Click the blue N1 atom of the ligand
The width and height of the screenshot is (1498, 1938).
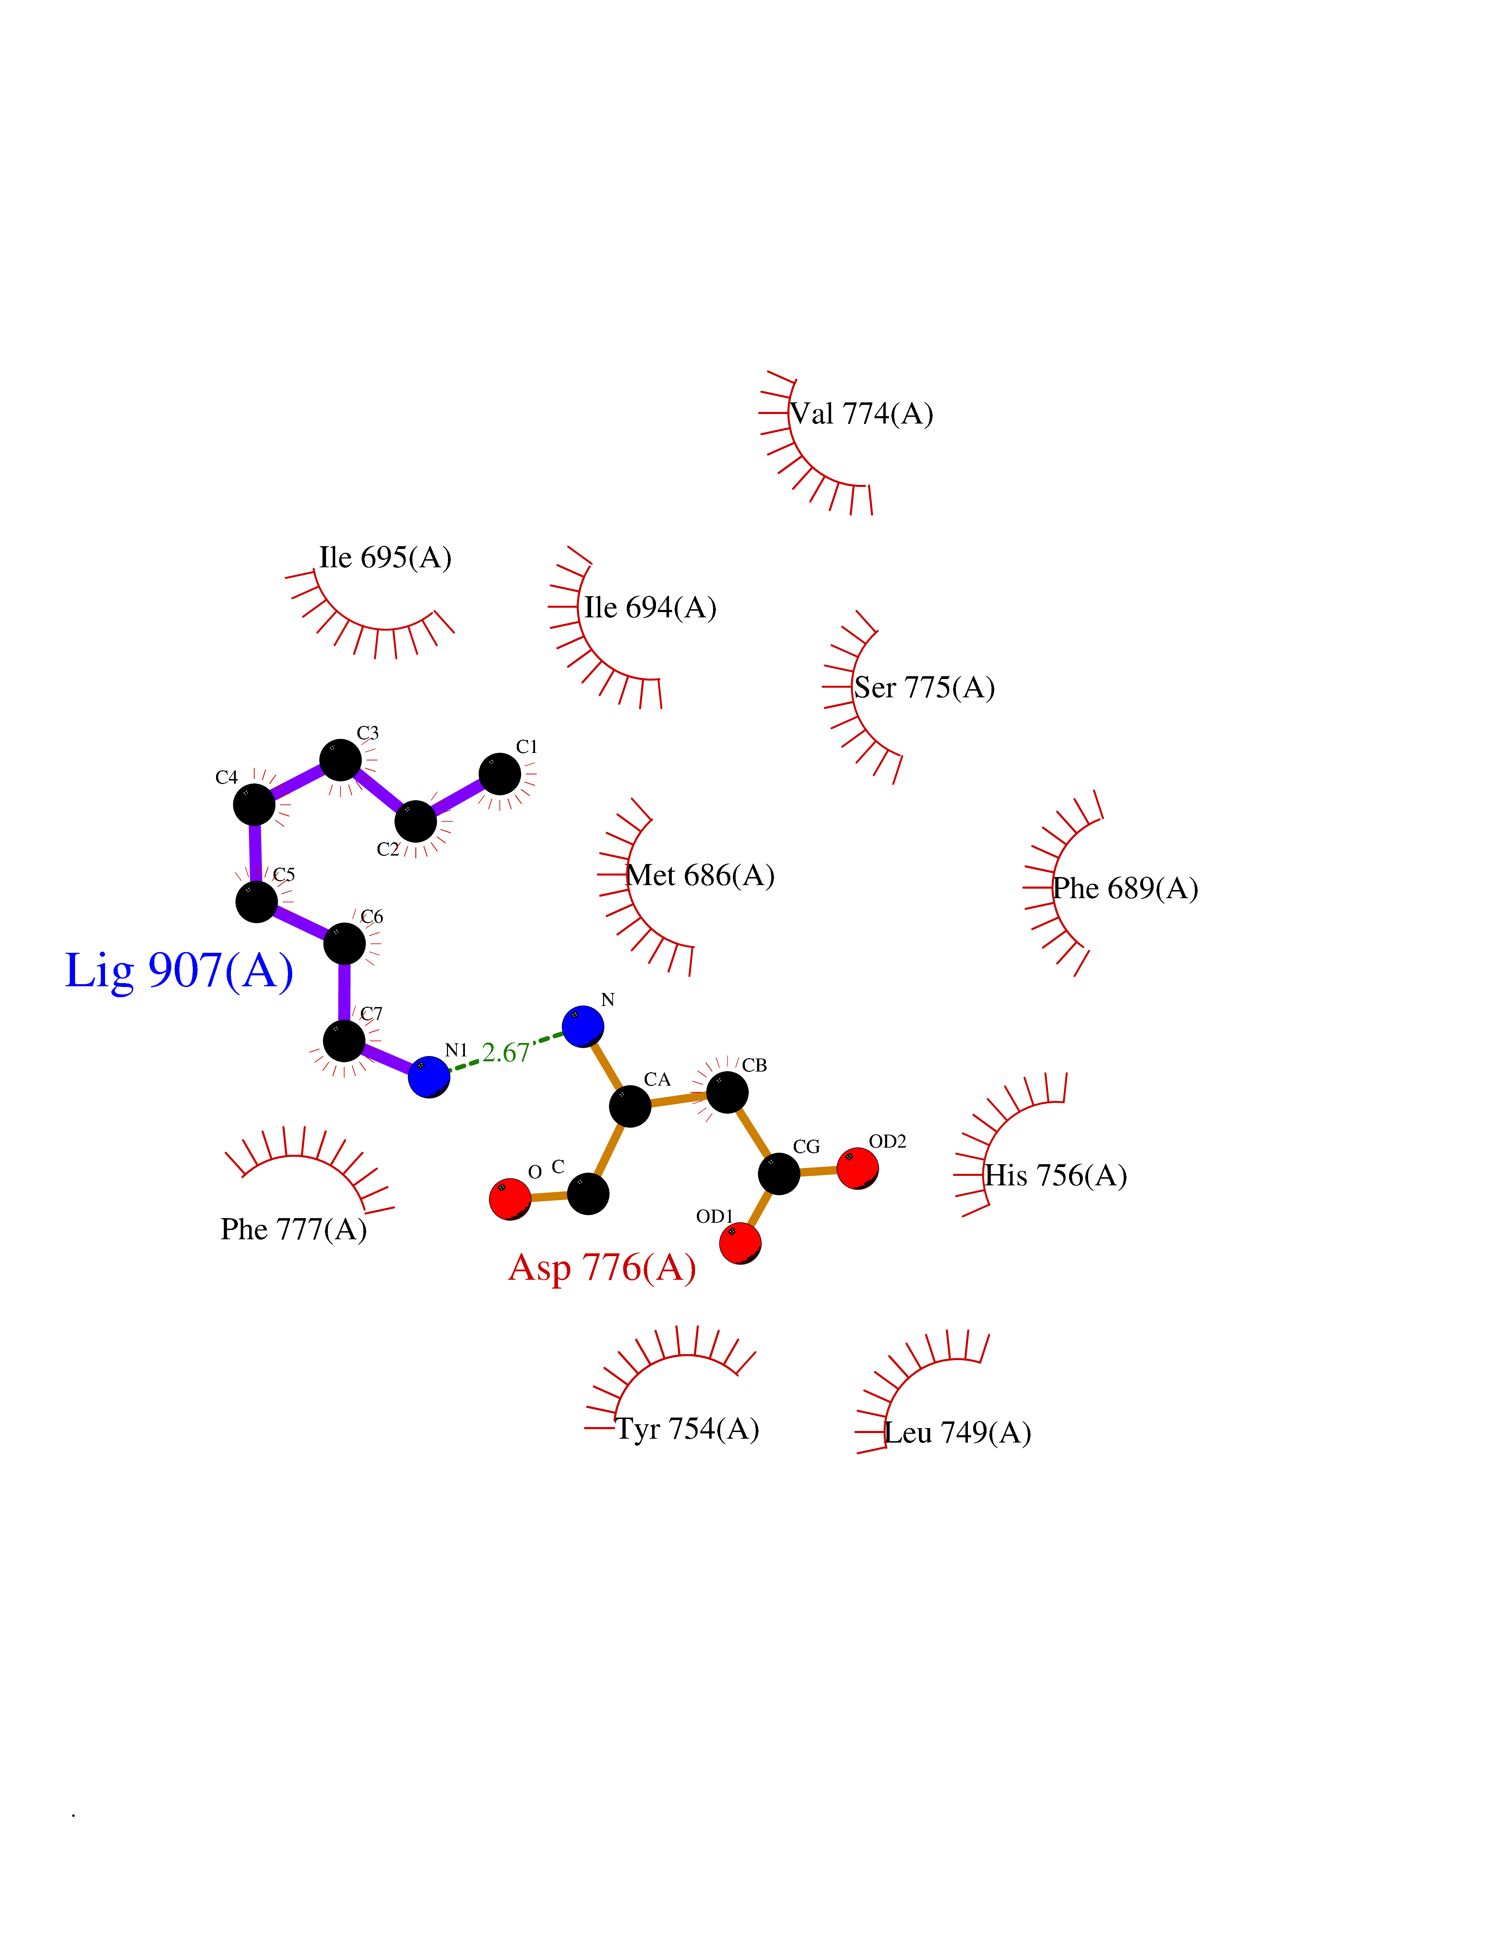(x=429, y=1076)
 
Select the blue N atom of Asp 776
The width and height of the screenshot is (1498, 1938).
(x=583, y=1026)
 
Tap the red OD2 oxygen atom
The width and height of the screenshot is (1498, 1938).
(x=857, y=1168)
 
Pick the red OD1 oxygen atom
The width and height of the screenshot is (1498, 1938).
(x=740, y=1242)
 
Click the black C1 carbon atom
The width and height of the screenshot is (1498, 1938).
(x=500, y=774)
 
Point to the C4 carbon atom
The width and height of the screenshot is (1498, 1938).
(x=254, y=804)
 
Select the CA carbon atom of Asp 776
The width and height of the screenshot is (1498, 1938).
(x=630, y=1106)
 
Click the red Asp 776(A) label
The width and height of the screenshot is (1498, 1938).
(x=602, y=1267)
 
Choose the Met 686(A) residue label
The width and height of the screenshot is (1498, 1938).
(x=700, y=876)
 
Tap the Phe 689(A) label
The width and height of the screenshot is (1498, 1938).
(x=1125, y=888)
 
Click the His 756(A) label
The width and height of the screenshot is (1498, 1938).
(x=1056, y=1176)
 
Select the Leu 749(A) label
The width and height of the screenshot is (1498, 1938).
(x=958, y=1433)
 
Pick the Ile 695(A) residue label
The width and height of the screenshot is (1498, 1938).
(x=385, y=557)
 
